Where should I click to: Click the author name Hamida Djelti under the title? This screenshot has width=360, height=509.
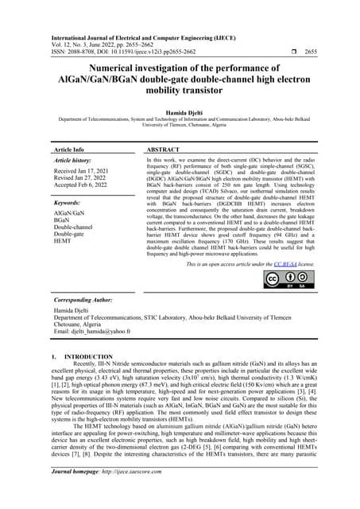pyautogui.click(x=180, y=115)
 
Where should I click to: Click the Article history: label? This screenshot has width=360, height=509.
pyautogui.click(x=76, y=160)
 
